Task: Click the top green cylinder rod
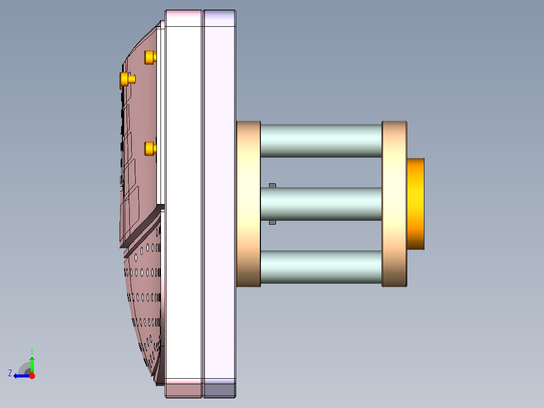321,140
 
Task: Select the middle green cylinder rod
321,204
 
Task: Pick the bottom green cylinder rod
321,267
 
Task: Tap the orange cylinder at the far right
415,203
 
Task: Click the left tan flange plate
248,204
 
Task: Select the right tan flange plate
394,204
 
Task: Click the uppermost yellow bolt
150,57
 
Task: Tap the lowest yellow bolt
150,148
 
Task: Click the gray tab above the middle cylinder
273,186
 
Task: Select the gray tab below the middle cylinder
273,222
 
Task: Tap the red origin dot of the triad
32,376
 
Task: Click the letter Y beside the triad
31,350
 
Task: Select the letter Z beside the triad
10,373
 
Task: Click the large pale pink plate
184,202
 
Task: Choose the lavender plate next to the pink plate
220,202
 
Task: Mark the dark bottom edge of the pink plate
184,390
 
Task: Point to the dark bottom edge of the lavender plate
220,390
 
